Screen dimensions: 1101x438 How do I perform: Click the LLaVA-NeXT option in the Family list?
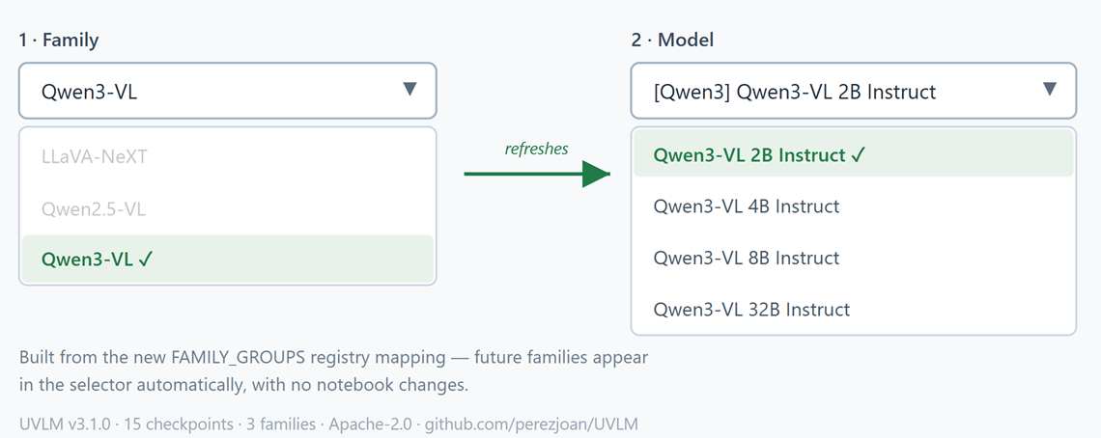coord(95,156)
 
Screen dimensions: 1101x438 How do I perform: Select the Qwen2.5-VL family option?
coord(94,208)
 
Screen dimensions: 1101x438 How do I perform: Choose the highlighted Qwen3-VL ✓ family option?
coord(97,259)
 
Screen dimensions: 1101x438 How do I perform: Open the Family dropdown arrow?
coord(410,89)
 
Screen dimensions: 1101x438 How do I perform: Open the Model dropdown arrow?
coord(1050,89)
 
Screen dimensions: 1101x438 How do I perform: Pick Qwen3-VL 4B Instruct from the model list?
coord(747,206)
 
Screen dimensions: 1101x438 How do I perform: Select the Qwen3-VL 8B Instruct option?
coord(747,258)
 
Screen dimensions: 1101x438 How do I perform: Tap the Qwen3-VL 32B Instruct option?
coord(751,310)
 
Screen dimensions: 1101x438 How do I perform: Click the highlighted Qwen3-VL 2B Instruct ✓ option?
coord(757,155)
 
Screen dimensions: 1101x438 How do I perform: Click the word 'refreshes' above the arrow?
coord(536,149)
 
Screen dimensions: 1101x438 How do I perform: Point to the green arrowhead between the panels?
coord(596,174)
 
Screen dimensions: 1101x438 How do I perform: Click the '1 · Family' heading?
coord(59,41)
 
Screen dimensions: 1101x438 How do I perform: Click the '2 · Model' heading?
coord(673,41)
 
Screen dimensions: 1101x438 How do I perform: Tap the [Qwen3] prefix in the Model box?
coord(691,92)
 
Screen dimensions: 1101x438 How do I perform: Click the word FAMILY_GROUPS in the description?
coord(238,357)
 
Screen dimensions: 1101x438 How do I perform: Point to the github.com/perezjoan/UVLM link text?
coord(531,424)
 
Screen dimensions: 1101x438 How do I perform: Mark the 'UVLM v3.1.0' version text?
coord(65,424)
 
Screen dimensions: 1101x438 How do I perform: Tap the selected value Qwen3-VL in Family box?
coord(89,92)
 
